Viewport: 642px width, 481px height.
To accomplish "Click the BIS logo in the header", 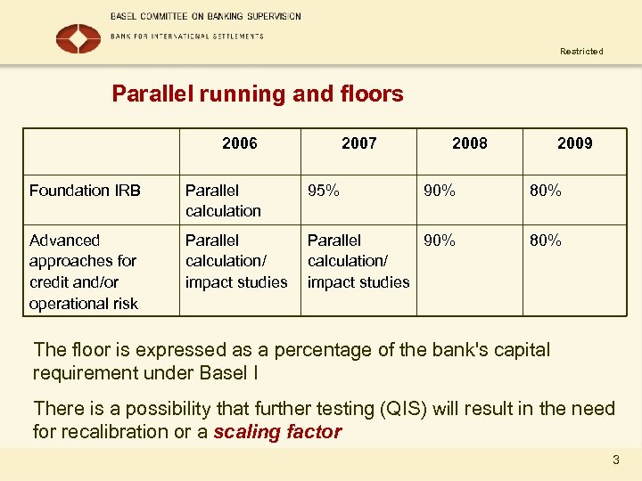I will click(78, 37).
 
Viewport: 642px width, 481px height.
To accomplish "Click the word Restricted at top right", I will click(581, 52).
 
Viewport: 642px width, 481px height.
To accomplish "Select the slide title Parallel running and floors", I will click(257, 94).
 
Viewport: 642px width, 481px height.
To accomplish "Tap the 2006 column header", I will click(239, 143).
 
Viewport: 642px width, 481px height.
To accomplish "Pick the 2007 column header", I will click(358, 143).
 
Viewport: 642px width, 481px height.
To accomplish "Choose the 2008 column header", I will click(470, 143).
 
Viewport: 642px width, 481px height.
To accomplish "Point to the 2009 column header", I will click(574, 143).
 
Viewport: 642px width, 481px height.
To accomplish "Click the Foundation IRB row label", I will click(85, 190).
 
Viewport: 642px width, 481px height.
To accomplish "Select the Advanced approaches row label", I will click(84, 272).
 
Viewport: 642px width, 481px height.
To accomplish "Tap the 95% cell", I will click(323, 190).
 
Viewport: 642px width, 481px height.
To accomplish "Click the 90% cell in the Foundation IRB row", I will click(439, 190).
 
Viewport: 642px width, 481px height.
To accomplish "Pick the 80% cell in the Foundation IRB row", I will click(545, 190).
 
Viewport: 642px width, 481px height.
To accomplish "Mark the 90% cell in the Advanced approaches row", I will click(439, 240).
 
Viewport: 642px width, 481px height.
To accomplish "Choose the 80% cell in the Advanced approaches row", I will click(545, 240).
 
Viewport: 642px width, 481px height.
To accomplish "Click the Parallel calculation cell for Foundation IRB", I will click(223, 200).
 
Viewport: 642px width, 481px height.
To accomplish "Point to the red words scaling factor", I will click(277, 433).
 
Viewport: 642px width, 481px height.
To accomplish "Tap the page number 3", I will click(615, 461).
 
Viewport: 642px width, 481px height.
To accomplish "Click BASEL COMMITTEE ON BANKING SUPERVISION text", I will click(206, 17).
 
